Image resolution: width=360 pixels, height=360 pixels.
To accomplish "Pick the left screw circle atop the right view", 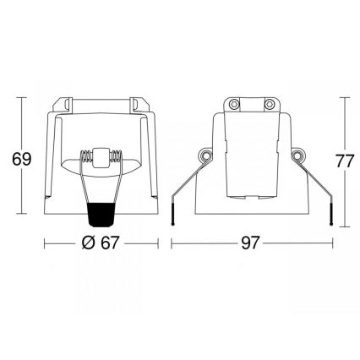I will click(x=233, y=104).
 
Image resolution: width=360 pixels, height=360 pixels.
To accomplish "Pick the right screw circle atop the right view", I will click(x=268, y=104).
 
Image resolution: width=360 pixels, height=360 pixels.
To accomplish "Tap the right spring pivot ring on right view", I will click(x=298, y=158).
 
